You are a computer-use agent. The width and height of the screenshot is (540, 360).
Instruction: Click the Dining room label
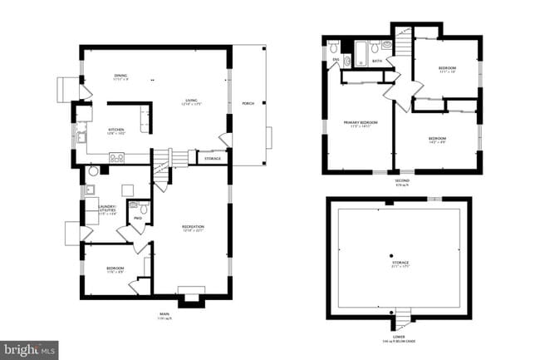coord(121,76)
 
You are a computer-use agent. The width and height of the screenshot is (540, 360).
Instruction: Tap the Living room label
coord(193,101)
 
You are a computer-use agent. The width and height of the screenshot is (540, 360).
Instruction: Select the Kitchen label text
coord(116,130)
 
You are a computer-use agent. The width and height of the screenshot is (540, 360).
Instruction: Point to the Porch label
coord(248,104)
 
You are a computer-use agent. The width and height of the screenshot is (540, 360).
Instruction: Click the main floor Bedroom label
coord(115,269)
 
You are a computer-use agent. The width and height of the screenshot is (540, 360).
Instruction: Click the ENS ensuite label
coord(336,60)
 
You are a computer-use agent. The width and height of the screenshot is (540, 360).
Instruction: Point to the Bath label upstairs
coord(376,61)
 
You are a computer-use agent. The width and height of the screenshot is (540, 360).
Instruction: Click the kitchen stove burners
coord(117,157)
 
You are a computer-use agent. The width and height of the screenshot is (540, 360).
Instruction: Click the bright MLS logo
coord(29,350)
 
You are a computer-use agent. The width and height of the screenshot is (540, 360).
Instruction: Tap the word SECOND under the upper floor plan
coord(402,180)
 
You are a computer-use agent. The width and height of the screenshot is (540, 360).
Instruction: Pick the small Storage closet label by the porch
coord(213,158)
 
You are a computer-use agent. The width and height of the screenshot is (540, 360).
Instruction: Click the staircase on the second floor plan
coord(404,40)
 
